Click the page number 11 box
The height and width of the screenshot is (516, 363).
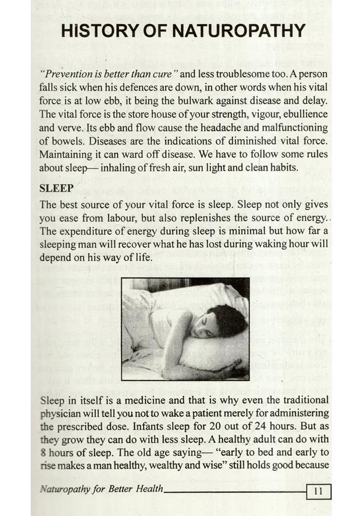tap(319, 490)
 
